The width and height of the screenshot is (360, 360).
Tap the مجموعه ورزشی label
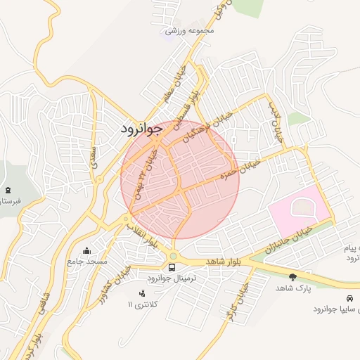tap(189, 31)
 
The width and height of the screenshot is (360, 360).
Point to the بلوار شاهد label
tap(224, 261)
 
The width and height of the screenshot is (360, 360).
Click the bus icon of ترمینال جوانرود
tap(172, 267)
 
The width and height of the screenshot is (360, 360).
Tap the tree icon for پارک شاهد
tap(292, 276)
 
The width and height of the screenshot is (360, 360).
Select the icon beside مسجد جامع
tap(86, 250)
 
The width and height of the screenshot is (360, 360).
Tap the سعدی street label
tap(93, 154)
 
